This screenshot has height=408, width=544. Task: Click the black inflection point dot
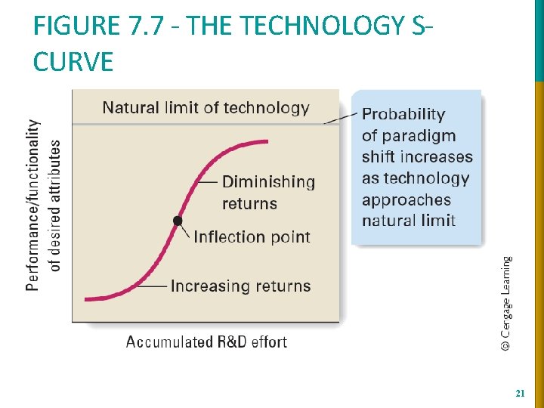click(178, 221)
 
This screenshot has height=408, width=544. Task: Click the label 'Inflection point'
click(252, 237)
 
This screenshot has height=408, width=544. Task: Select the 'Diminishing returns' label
click(268, 193)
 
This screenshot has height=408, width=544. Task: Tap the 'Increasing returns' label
click(240, 286)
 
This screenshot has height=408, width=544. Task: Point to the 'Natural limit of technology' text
click(206, 108)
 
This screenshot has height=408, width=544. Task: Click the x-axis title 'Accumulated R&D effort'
click(206, 342)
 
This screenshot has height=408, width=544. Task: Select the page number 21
click(519, 394)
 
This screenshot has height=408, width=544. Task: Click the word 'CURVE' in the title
click(73, 61)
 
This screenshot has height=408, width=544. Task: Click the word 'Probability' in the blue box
click(403, 115)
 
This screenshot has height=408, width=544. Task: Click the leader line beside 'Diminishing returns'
click(207, 182)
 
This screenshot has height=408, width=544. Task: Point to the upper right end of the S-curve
click(267, 141)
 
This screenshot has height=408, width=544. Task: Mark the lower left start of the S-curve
click(87, 299)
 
